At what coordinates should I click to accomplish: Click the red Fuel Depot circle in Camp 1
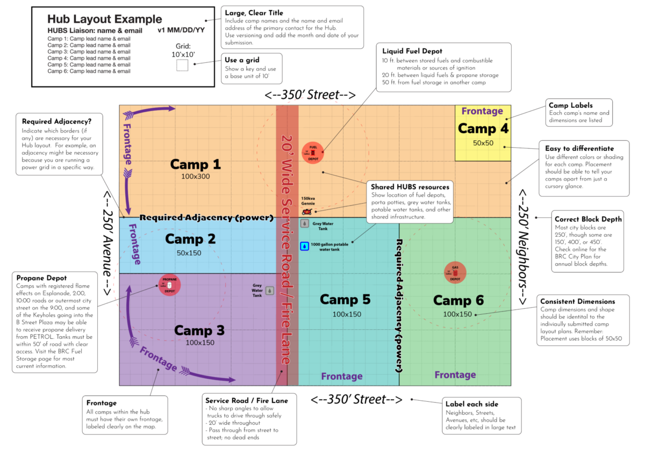312,153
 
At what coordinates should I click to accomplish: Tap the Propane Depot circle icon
169,284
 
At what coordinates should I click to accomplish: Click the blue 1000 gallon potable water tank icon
305,246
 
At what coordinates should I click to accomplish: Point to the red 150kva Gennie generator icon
306,212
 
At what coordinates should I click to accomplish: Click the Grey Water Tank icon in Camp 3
269,290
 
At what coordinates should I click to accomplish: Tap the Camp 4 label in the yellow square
482,129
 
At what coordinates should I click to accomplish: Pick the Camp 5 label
346,299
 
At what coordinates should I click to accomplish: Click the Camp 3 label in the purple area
199,330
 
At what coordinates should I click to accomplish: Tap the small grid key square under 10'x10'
182,66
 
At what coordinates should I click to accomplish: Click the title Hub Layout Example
104,19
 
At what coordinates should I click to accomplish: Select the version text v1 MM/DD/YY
181,30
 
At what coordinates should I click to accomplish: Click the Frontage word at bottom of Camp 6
455,375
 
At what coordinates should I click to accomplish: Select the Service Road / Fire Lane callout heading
247,400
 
